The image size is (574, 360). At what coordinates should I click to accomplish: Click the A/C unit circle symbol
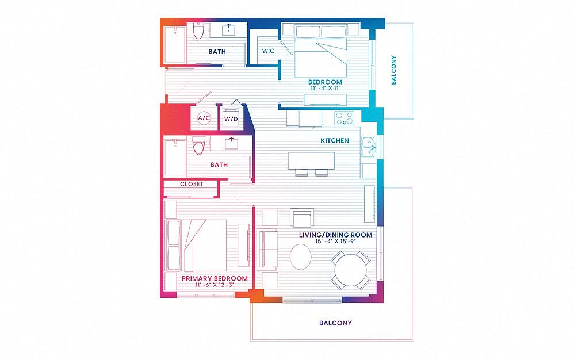(x=204, y=118)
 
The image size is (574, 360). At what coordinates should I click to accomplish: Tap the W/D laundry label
(x=231, y=119)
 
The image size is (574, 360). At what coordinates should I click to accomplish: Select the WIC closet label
(x=268, y=51)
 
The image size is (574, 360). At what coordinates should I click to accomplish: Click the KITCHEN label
(x=335, y=140)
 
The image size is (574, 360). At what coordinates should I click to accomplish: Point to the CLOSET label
(x=192, y=184)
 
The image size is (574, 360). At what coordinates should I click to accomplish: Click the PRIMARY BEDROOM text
(x=215, y=278)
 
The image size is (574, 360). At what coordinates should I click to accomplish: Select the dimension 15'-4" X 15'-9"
(x=335, y=242)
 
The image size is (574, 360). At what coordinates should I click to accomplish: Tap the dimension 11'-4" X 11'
(x=325, y=88)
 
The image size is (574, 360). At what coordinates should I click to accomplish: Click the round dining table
(x=350, y=270)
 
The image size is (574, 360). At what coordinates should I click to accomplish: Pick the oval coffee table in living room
(x=301, y=257)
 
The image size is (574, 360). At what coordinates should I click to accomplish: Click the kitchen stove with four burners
(x=345, y=118)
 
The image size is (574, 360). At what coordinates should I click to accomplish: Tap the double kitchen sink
(x=368, y=147)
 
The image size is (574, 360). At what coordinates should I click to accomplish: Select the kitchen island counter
(x=311, y=161)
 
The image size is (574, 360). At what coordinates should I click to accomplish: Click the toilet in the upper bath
(x=198, y=30)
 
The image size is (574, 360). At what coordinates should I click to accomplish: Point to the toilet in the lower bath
(x=199, y=145)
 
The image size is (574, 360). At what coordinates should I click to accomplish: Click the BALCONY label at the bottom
(x=335, y=323)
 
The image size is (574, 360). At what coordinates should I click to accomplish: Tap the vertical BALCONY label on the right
(x=393, y=70)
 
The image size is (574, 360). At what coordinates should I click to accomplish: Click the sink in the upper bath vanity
(x=229, y=29)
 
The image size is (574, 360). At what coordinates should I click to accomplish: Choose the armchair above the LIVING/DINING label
(x=302, y=218)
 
